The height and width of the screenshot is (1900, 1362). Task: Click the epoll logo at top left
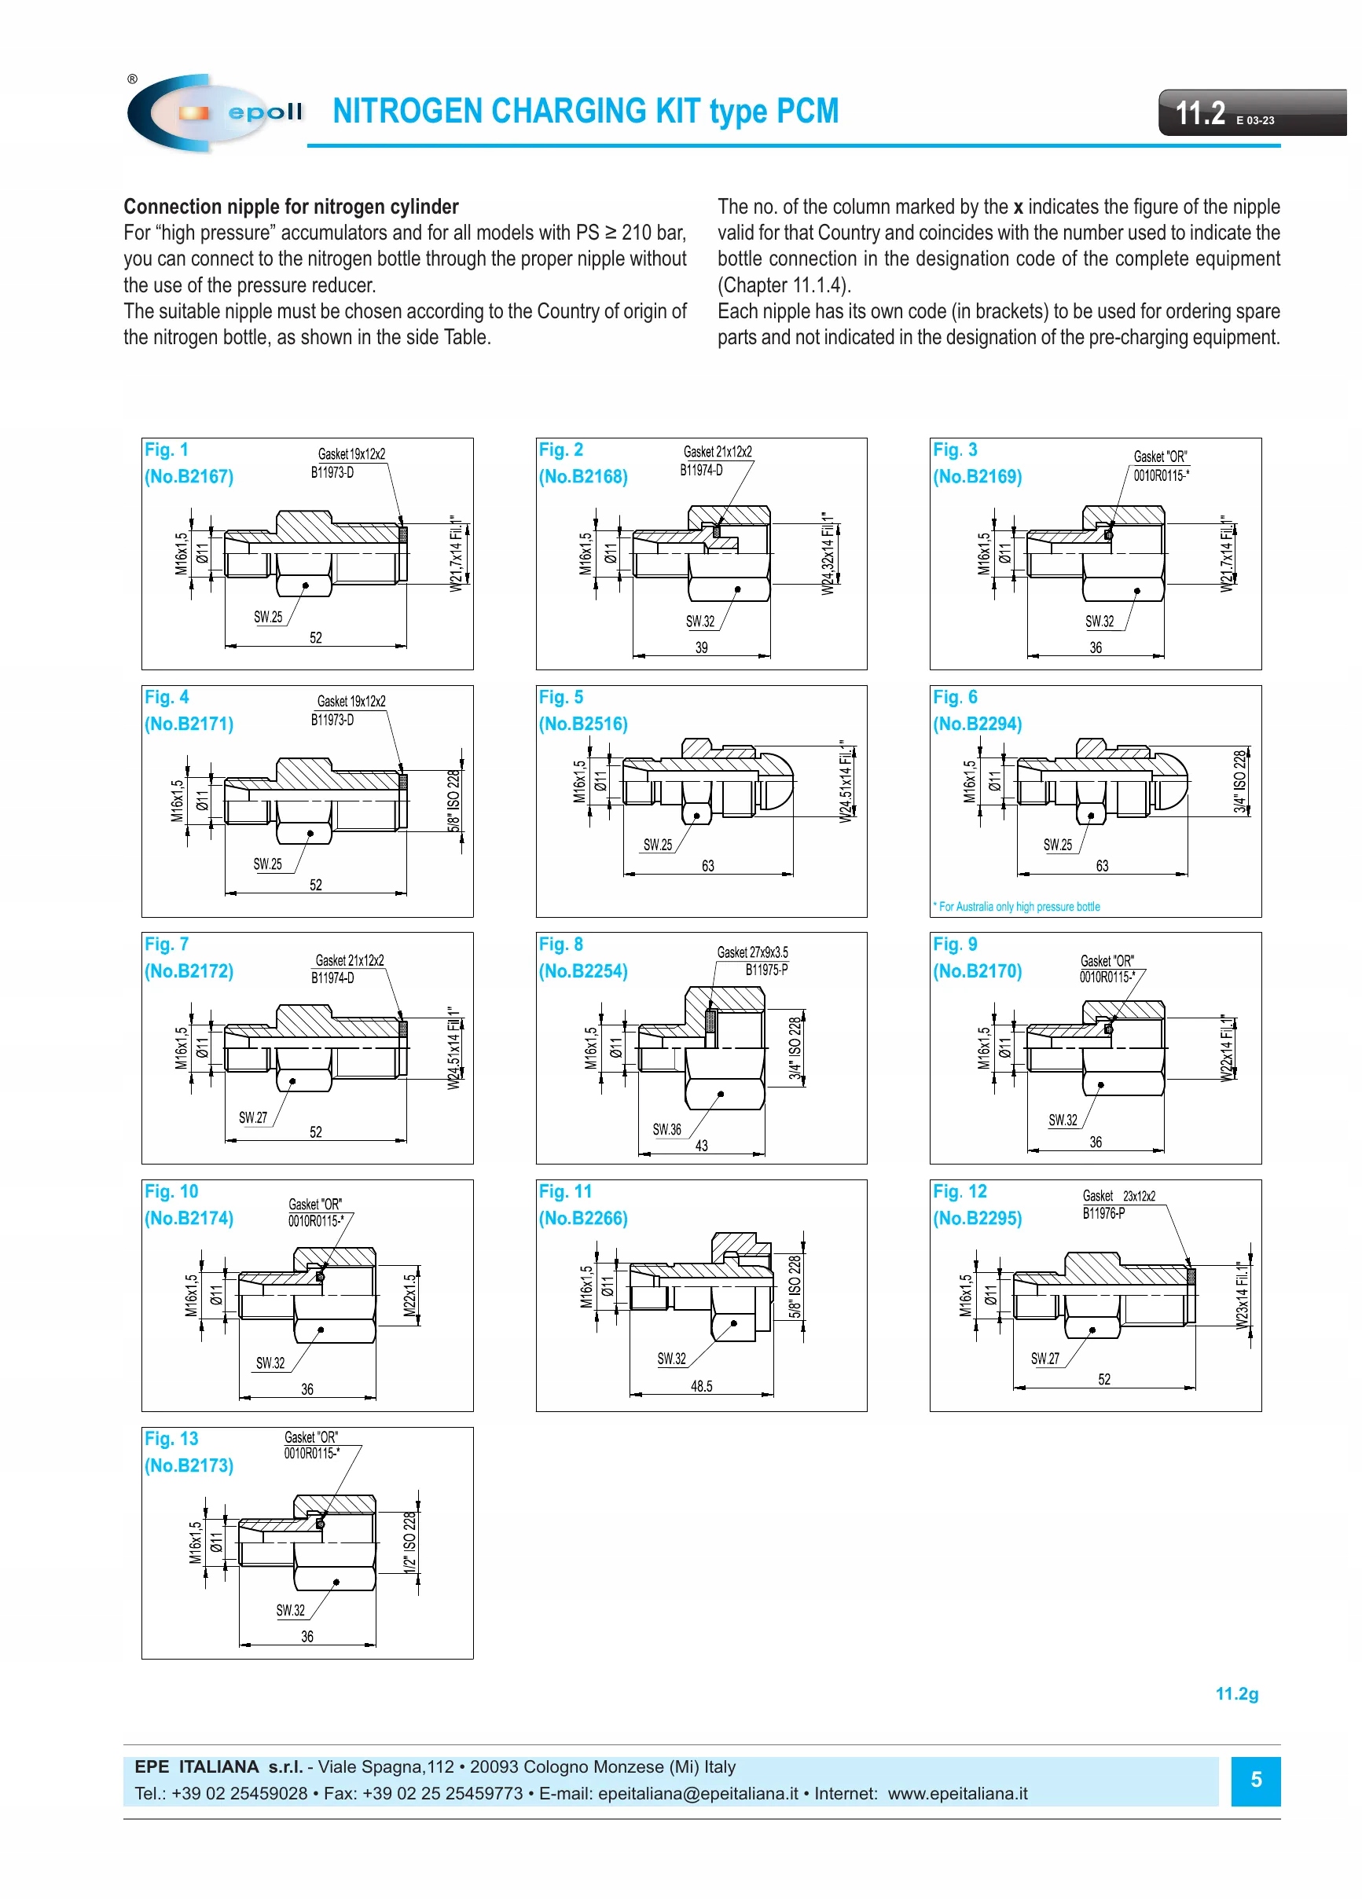(214, 112)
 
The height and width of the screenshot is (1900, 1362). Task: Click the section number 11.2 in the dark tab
(1199, 113)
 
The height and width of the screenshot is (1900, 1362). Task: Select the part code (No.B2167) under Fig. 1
(189, 477)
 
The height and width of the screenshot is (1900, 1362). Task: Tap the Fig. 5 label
(560, 697)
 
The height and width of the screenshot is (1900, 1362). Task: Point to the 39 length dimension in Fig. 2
(702, 647)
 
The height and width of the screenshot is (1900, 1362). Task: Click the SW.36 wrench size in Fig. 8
(667, 1130)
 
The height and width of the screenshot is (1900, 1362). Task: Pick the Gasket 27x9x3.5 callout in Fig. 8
(752, 952)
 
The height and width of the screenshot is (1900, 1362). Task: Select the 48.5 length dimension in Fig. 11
(702, 1386)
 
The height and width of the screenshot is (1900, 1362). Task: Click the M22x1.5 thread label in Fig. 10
(409, 1296)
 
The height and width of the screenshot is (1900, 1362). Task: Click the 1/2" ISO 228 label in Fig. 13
(409, 1543)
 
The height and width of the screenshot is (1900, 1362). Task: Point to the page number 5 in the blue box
(1256, 1781)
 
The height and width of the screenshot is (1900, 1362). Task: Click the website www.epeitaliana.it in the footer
(957, 1794)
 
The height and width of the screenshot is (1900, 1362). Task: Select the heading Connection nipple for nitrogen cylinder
(291, 207)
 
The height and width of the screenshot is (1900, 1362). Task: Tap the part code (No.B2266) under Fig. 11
(582, 1218)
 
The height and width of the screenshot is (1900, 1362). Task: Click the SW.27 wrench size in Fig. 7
(253, 1117)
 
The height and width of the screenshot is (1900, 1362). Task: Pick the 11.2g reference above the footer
(1236, 1694)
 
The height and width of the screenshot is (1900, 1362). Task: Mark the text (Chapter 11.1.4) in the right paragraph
(784, 286)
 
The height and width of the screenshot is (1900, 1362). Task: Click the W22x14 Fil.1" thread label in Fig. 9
(1228, 1049)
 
